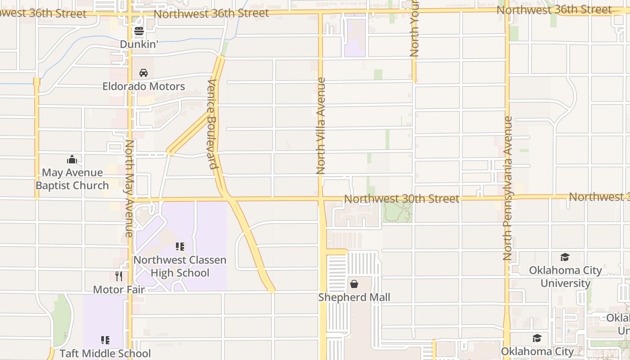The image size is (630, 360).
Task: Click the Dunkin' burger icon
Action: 139,31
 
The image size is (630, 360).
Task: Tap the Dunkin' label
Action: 139,44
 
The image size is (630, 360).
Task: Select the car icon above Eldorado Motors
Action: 144,73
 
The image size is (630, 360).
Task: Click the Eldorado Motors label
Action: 144,86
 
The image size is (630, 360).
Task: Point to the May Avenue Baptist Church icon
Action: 72,159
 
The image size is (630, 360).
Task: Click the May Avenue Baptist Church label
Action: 72,179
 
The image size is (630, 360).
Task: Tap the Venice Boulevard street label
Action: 213,124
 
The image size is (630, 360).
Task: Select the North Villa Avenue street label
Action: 321,126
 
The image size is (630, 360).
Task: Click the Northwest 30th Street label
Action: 401,198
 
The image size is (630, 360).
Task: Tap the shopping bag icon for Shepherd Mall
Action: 354,284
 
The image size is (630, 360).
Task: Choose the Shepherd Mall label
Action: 354,297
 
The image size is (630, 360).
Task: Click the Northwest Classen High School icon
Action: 180,247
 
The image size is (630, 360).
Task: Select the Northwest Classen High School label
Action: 180,266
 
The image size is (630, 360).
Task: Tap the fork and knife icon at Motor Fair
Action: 119,276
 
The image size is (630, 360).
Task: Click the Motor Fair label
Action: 119,289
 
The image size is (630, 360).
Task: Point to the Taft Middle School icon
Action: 105,340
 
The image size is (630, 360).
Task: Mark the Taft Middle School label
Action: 105,353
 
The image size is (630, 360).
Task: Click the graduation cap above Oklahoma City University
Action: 565,257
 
